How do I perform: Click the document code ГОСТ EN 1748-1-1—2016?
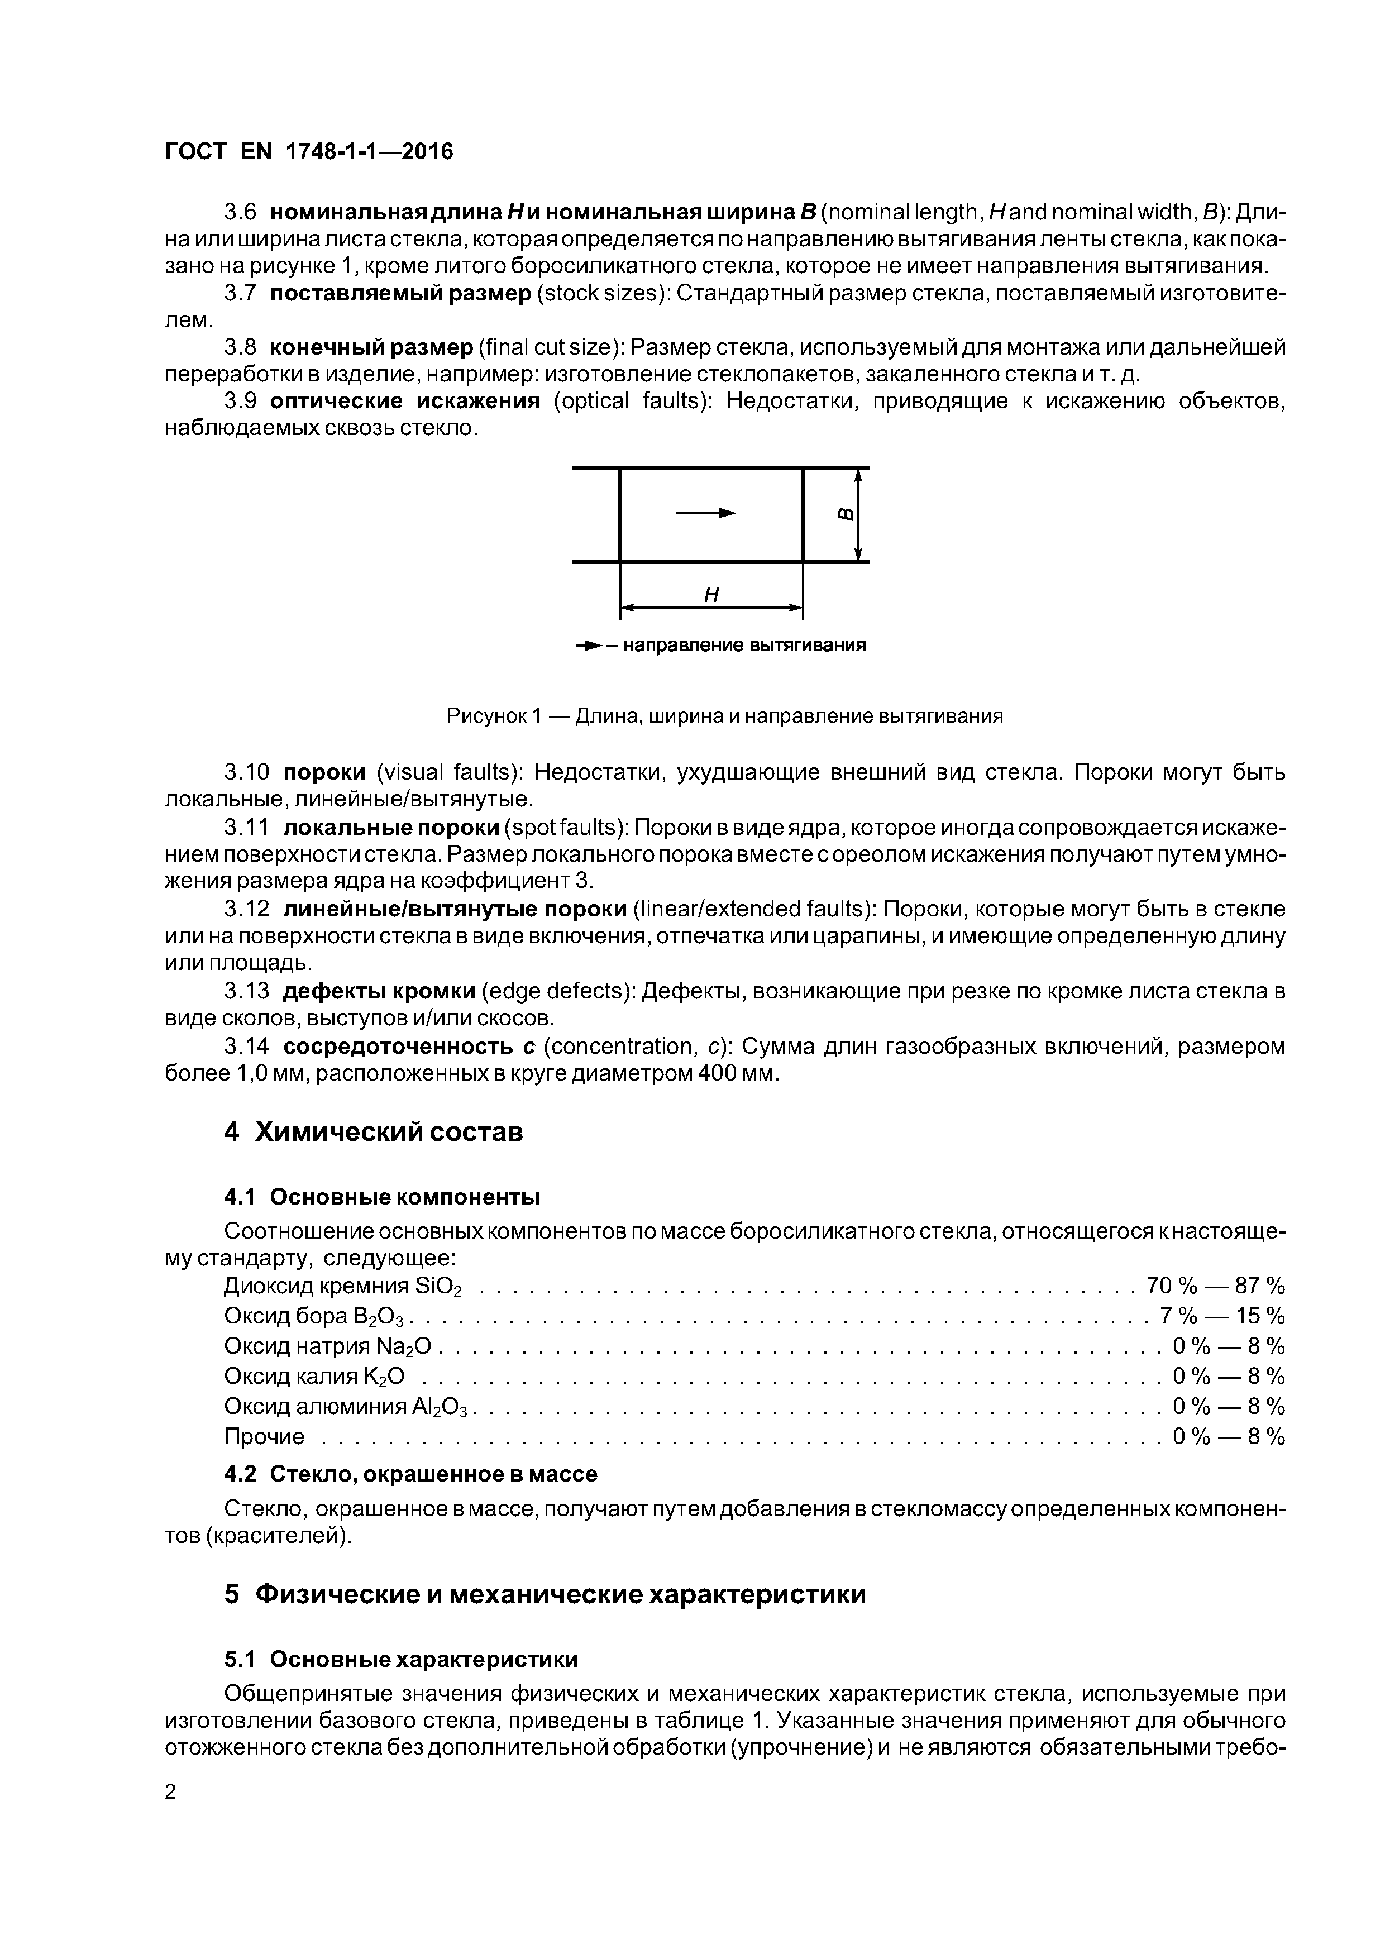pyautogui.click(x=308, y=152)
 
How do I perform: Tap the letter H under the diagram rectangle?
pyautogui.click(x=711, y=595)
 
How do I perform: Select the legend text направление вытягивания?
pyautogui.click(x=743, y=645)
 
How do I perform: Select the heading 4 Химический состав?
pyautogui.click(x=373, y=1132)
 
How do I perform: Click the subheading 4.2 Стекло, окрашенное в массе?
pyautogui.click(x=410, y=1474)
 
